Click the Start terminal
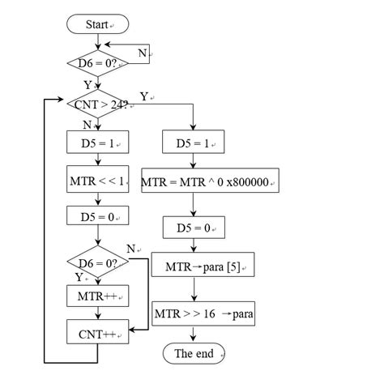96,24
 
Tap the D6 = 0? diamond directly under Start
97,63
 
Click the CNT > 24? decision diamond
97,104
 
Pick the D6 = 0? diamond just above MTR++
97,262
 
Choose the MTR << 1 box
97,181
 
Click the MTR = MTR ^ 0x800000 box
210,181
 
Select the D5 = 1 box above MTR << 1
97,143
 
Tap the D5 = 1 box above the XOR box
194,143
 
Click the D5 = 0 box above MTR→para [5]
194,228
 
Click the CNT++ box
97,332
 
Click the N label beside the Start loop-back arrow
143,52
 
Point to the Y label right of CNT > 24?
143,96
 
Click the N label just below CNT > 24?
87,125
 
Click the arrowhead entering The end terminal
194,340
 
